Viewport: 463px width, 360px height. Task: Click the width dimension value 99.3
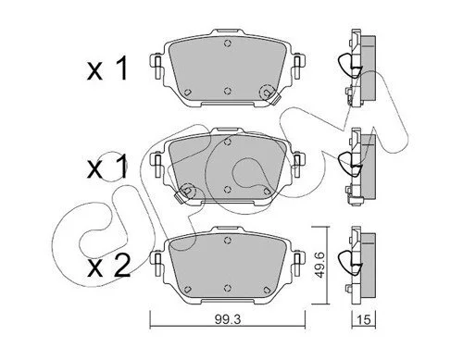[228, 320]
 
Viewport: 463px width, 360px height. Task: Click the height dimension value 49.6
[319, 265]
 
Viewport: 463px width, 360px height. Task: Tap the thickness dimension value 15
[364, 320]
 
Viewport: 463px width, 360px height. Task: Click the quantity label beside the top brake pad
[107, 68]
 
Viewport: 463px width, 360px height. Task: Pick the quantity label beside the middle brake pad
[107, 167]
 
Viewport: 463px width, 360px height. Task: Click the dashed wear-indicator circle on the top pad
[268, 92]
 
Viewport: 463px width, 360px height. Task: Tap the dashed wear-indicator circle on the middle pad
[188, 191]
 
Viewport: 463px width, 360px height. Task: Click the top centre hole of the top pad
[228, 43]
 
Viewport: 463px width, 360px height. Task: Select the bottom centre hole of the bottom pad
[228, 288]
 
